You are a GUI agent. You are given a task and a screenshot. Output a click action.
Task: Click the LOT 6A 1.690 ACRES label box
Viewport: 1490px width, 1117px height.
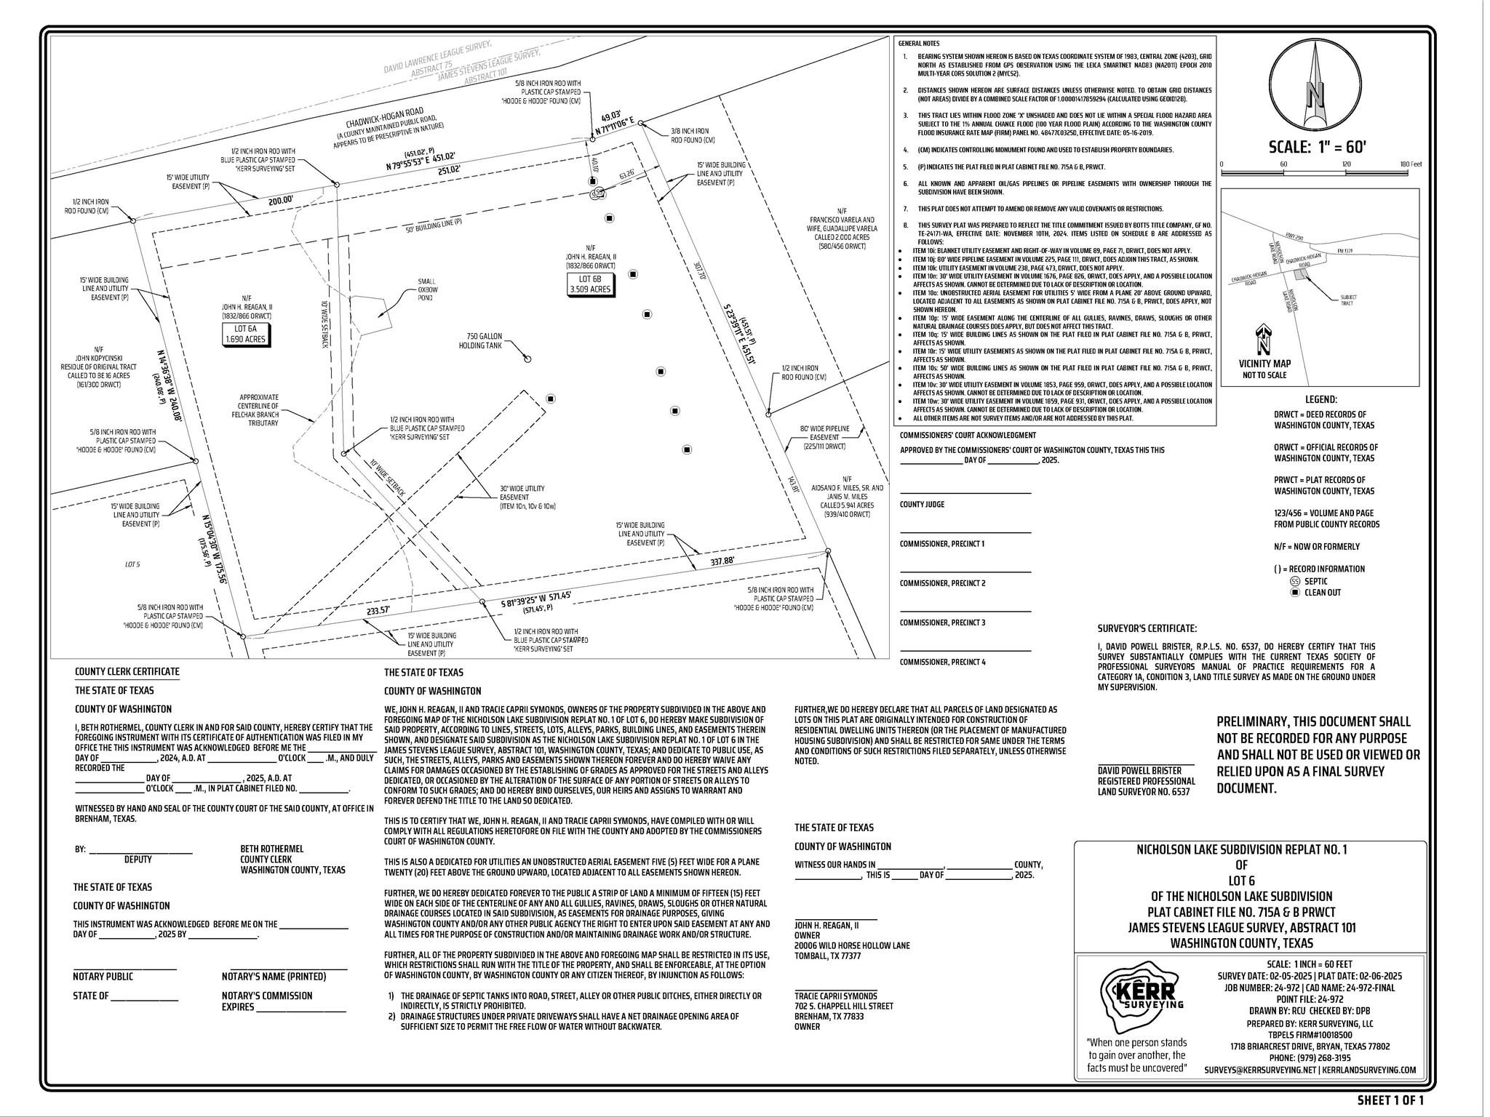[x=244, y=334]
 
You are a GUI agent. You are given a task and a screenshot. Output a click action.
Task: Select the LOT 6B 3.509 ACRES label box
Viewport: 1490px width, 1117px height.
[x=590, y=284]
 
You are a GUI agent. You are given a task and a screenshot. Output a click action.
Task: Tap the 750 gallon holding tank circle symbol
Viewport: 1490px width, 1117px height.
[x=528, y=359]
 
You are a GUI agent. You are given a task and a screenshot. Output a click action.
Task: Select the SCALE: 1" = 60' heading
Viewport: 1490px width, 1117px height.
[x=1318, y=146]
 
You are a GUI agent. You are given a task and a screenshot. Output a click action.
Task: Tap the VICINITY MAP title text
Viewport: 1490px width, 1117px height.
[x=1264, y=364]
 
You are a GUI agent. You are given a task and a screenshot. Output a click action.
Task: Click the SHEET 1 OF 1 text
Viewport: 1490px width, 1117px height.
[x=1390, y=1100]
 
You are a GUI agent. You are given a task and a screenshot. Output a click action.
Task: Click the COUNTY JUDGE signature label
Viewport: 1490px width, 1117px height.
[x=922, y=504]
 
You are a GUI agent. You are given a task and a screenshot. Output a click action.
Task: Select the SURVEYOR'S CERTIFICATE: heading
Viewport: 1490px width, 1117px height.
[x=1147, y=628]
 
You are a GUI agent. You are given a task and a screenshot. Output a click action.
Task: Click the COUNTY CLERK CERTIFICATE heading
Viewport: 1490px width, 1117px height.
[x=127, y=671]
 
